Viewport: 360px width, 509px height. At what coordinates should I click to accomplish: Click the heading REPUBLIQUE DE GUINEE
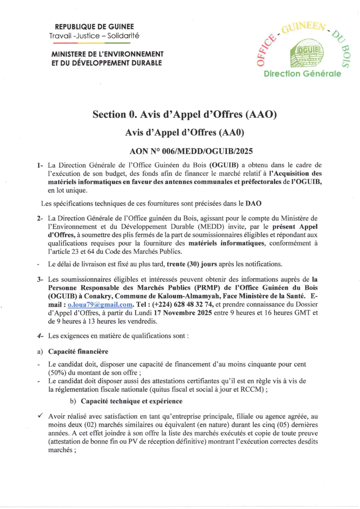pyautogui.click(x=94, y=27)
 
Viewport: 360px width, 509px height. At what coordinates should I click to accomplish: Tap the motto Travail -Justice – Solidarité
pyautogui.click(x=94, y=36)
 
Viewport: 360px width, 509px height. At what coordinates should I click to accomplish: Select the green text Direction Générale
pyautogui.click(x=302, y=74)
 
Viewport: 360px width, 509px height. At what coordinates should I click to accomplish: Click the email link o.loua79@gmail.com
pyautogui.click(x=100, y=305)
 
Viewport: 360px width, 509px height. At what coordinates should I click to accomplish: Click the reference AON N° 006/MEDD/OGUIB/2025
pyautogui.click(x=191, y=151)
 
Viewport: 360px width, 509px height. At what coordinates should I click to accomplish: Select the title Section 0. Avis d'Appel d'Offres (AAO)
pyautogui.click(x=184, y=114)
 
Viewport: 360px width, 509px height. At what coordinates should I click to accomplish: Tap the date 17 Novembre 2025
pyautogui.click(x=179, y=313)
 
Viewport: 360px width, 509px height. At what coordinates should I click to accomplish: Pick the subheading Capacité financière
pyautogui.click(x=78, y=352)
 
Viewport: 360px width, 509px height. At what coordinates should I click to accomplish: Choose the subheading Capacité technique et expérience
pyautogui.click(x=132, y=401)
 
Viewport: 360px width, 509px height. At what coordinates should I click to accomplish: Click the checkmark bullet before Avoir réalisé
pyautogui.click(x=40, y=416)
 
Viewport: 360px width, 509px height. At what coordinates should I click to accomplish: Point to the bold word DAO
pyautogui.click(x=253, y=204)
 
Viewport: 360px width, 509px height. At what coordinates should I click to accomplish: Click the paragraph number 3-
pyautogui.click(x=40, y=280)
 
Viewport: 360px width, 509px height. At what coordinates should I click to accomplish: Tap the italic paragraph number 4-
pyautogui.click(x=40, y=336)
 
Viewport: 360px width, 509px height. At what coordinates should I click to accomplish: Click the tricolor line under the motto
pyautogui.click(x=92, y=43)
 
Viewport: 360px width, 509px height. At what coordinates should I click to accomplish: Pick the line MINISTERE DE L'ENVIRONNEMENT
pyautogui.click(x=107, y=54)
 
